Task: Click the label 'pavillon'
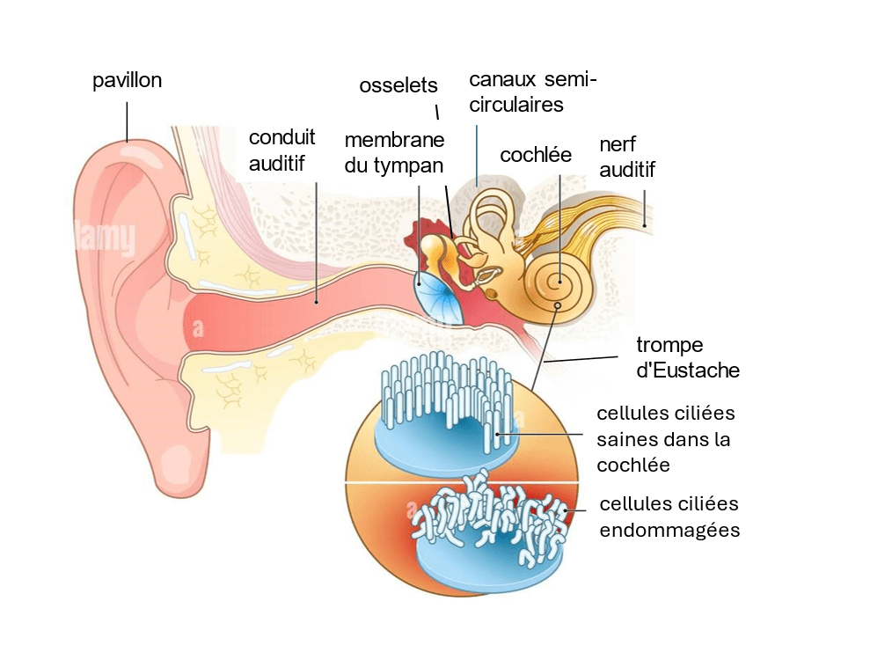128,81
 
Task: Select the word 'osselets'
398,85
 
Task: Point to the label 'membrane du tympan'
394,152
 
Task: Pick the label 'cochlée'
536,156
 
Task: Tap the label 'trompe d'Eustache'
687,357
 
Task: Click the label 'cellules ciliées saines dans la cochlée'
665,438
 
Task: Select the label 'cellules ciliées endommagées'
669,517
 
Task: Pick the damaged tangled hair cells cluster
488,519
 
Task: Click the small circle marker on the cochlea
558,306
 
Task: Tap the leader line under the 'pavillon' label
127,121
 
